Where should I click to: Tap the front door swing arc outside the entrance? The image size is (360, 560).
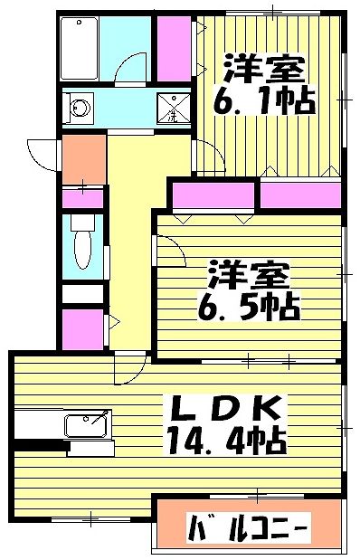tap(42, 151)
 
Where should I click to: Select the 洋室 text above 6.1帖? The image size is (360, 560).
tap(262, 68)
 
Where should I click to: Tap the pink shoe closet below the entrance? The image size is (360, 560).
tap(82, 197)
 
